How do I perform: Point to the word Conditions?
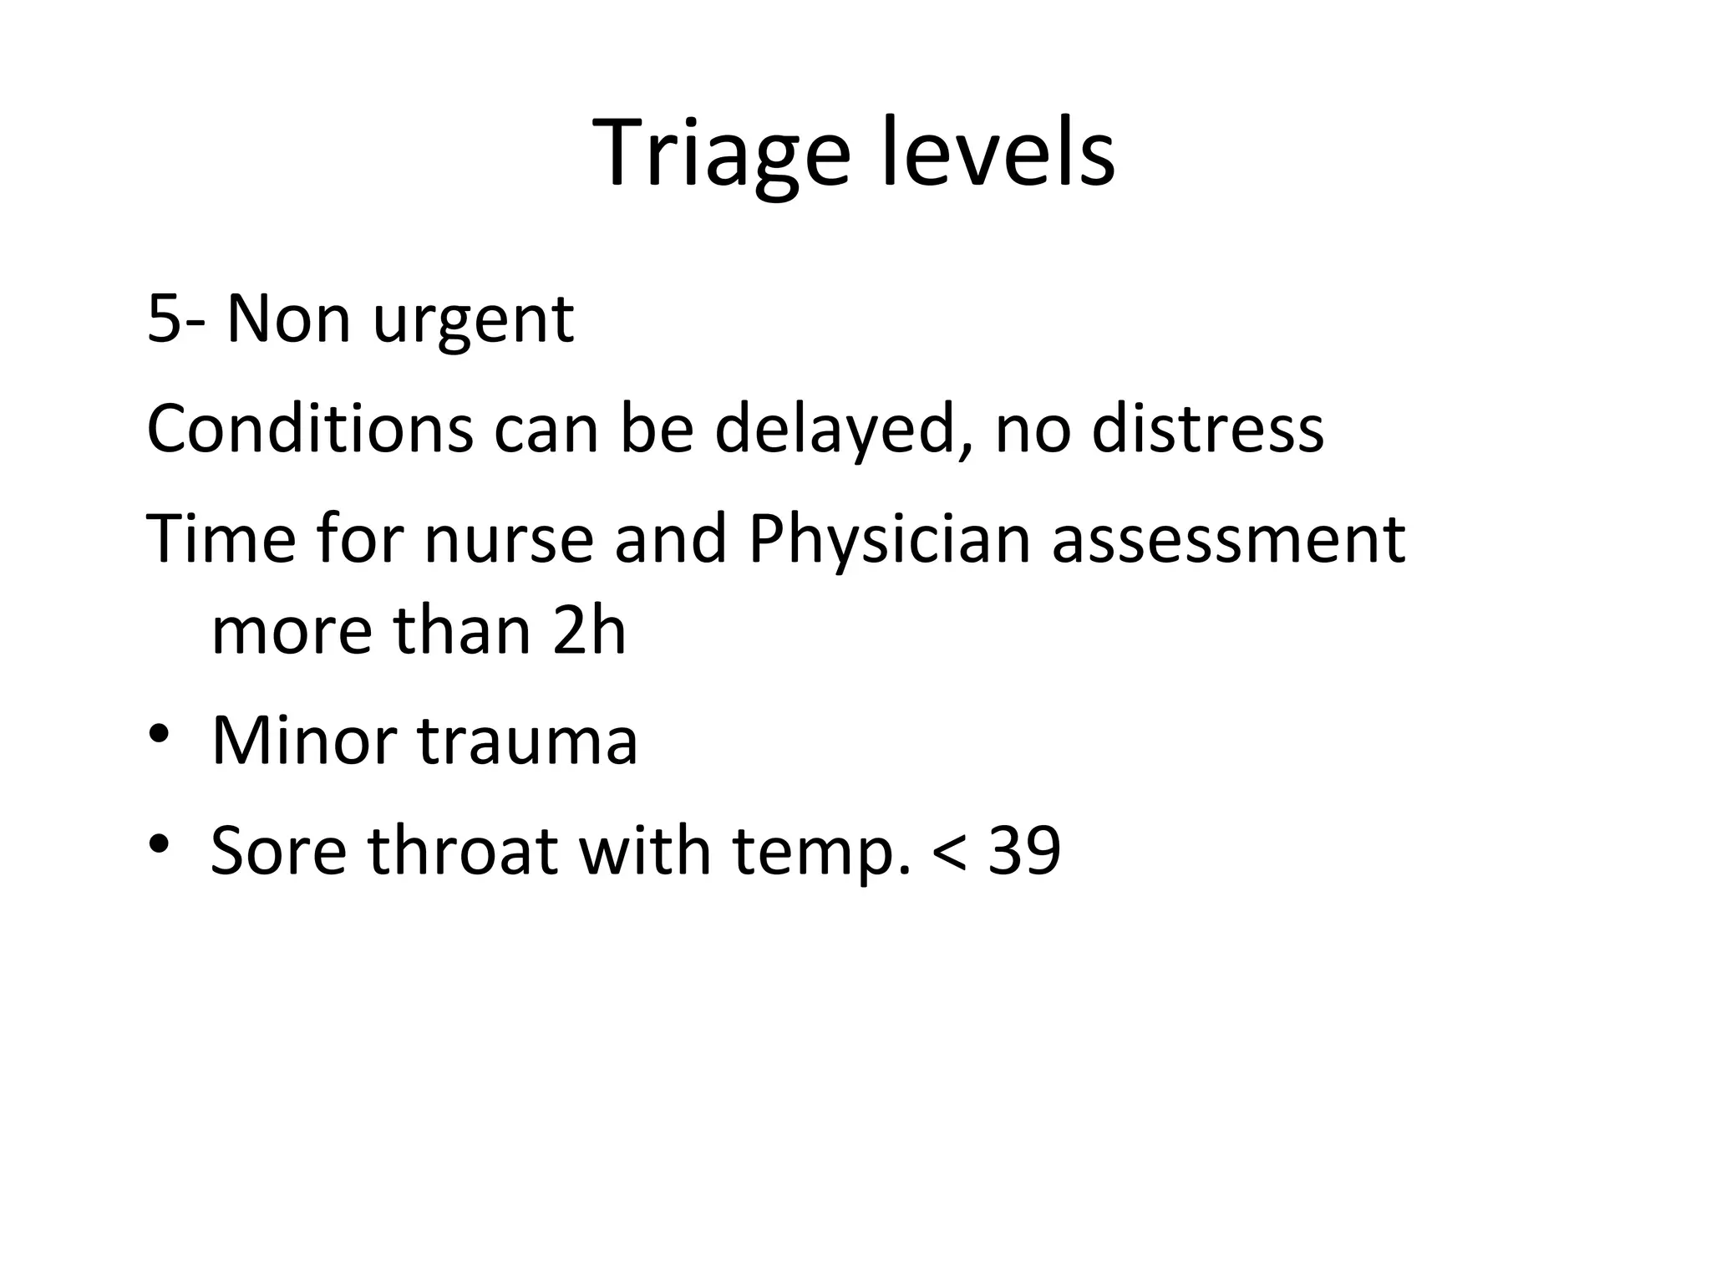click(x=310, y=428)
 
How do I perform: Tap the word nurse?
click(x=509, y=540)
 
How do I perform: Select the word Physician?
click(x=890, y=540)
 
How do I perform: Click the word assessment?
click(x=1229, y=540)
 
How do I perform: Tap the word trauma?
click(x=528, y=740)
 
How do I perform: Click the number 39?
click(x=1024, y=850)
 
